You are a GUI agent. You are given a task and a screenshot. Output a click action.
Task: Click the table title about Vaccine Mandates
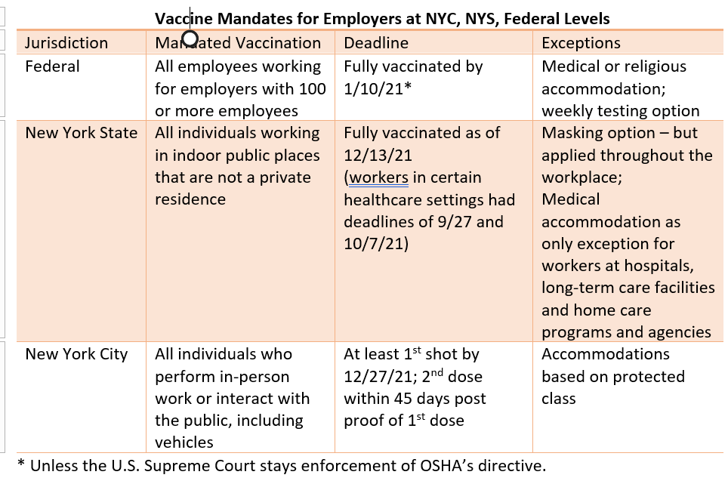pyautogui.click(x=382, y=18)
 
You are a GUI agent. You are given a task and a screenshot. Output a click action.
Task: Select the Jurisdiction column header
pyautogui.click(x=66, y=43)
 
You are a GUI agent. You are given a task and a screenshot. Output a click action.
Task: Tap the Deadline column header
pyautogui.click(x=376, y=43)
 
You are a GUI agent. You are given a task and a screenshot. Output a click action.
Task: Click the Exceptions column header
pyautogui.click(x=581, y=43)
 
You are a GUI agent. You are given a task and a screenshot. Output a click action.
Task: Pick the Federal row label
pyautogui.click(x=52, y=66)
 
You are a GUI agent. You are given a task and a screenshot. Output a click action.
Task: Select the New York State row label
pyautogui.click(x=82, y=133)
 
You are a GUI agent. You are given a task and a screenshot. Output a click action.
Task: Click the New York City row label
pyautogui.click(x=77, y=354)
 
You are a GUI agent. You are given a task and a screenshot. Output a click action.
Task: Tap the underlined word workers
pyautogui.click(x=378, y=178)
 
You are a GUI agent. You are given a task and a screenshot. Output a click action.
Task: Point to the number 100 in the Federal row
pyautogui.click(x=311, y=88)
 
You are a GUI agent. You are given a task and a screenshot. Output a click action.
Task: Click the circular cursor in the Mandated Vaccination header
pyautogui.click(x=190, y=39)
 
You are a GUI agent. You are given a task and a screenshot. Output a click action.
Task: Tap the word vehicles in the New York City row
pyautogui.click(x=184, y=442)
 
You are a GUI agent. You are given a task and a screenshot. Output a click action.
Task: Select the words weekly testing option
pyautogui.click(x=621, y=111)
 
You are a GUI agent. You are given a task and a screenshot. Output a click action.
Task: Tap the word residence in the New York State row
pyautogui.click(x=190, y=199)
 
